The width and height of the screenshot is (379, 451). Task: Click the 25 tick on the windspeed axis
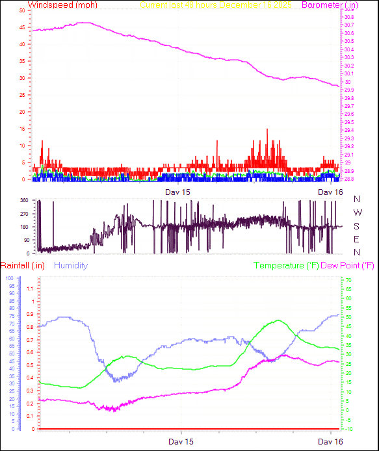click(23, 96)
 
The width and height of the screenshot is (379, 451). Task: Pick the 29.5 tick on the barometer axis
click(349, 122)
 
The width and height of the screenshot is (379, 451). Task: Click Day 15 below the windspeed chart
click(177, 192)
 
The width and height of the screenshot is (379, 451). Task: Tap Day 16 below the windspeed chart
click(330, 192)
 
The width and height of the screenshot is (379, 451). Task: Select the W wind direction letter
click(356, 213)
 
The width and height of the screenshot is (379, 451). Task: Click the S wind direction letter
click(356, 227)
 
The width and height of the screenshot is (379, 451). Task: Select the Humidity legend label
click(71, 266)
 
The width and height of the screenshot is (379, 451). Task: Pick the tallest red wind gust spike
click(267, 129)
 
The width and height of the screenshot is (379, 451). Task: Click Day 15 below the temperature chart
click(181, 441)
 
